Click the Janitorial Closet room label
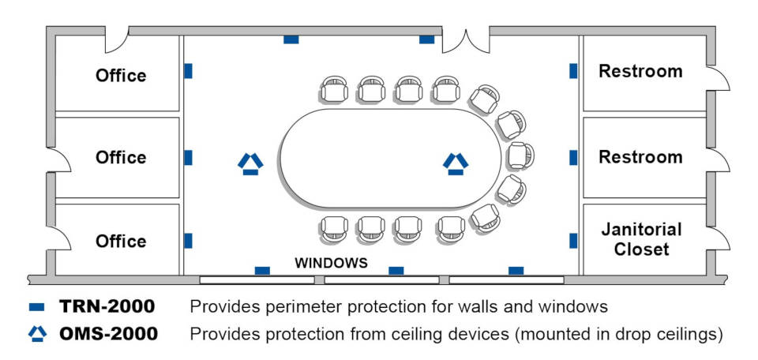click(x=641, y=238)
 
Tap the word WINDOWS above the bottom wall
click(x=331, y=264)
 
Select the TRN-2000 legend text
click(x=107, y=306)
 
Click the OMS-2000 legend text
click(x=108, y=334)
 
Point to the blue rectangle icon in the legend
click(x=37, y=307)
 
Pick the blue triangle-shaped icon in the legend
click(x=37, y=333)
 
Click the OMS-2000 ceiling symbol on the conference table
click(x=456, y=163)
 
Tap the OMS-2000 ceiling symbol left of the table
click(x=250, y=163)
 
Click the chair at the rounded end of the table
click(x=520, y=156)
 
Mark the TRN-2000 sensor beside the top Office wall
click(x=189, y=71)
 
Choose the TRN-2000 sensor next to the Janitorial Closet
click(x=573, y=241)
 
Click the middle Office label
click(x=121, y=158)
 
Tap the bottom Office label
click(x=121, y=241)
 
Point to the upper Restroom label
click(x=640, y=72)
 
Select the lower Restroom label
click(x=640, y=157)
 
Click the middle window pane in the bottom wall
click(x=382, y=279)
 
